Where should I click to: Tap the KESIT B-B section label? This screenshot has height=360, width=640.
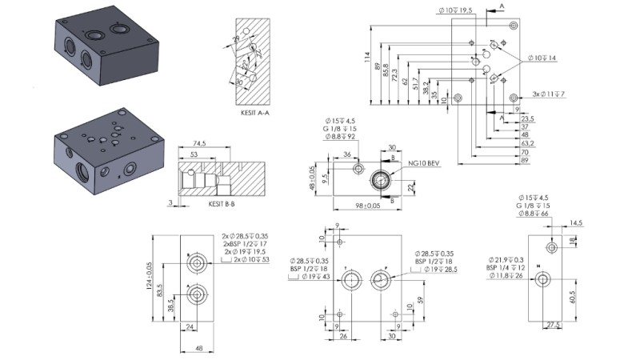tap(221, 203)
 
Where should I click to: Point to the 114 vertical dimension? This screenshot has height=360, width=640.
tap(367, 58)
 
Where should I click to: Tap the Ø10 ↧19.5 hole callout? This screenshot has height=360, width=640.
tap(456, 10)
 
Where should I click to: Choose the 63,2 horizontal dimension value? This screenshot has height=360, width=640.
tap(526, 143)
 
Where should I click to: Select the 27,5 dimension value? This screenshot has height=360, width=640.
tap(553, 324)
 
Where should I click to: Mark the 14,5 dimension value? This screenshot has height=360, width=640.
tap(575, 224)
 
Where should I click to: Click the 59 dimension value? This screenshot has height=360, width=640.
tap(422, 301)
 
